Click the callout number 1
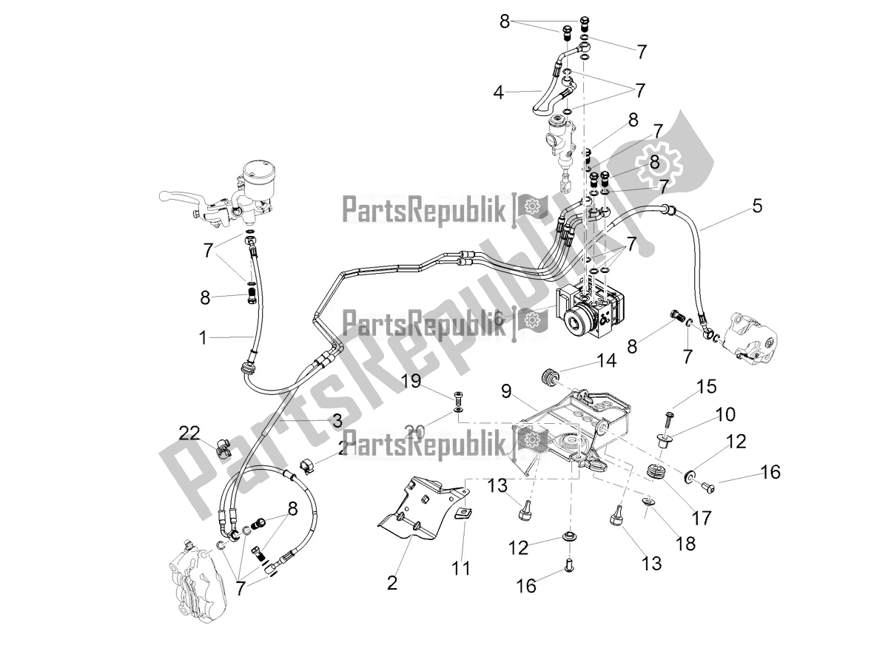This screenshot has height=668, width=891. [x=203, y=338]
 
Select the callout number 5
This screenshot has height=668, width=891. [x=756, y=206]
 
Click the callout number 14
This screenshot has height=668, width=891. [x=606, y=362]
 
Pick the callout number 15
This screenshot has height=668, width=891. [x=707, y=385]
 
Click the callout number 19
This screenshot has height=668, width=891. [x=411, y=382]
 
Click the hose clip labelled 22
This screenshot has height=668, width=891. [x=222, y=448]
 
